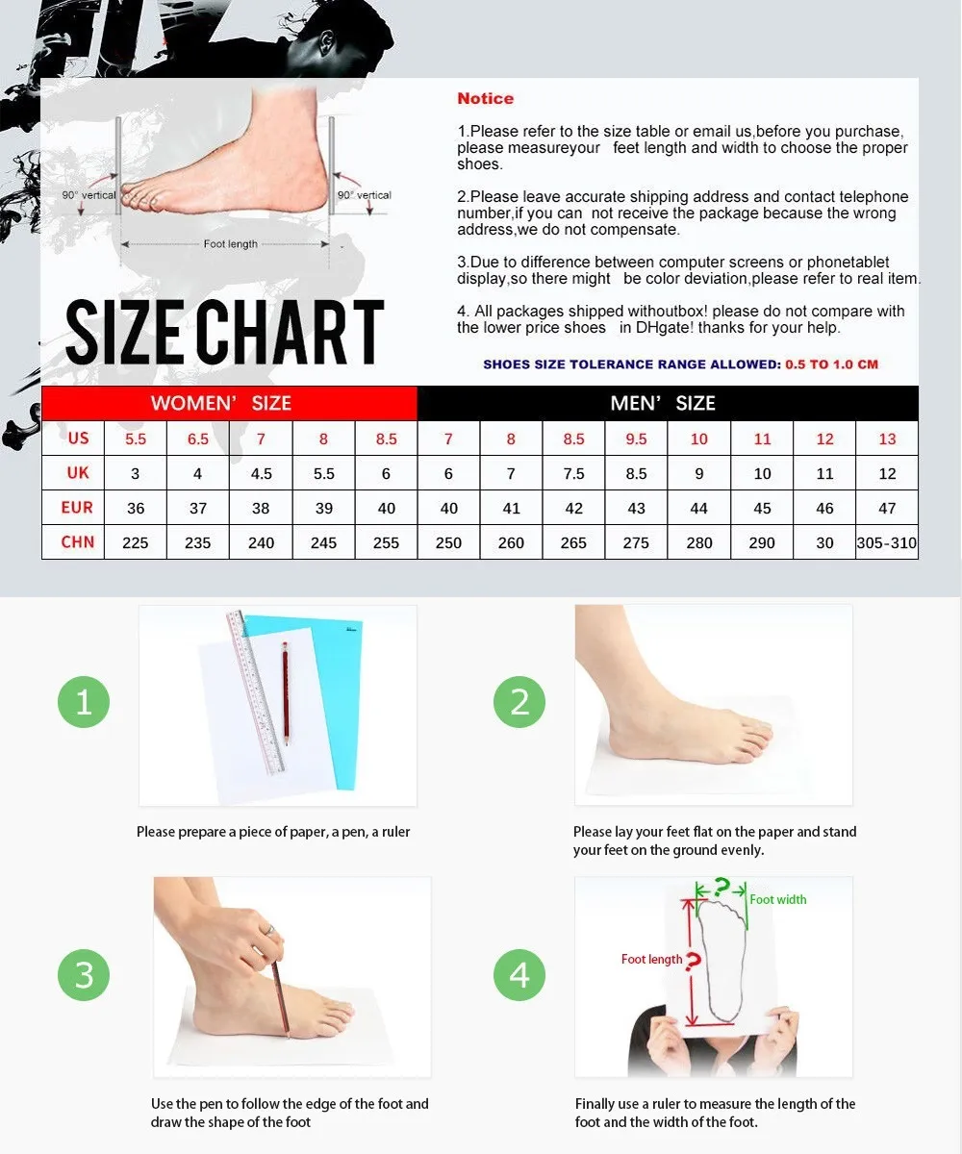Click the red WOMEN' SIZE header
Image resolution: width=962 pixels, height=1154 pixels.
[230, 403]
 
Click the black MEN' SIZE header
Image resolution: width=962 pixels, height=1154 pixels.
[668, 403]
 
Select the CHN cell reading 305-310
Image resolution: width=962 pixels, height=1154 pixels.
[887, 542]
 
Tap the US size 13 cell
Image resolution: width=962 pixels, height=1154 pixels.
[887, 439]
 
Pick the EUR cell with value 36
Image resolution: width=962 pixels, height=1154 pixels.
[136, 508]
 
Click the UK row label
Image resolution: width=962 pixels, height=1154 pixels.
[77, 473]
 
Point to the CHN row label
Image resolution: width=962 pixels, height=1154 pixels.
[77, 542]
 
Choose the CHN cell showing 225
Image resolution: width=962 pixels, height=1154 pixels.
[136, 542]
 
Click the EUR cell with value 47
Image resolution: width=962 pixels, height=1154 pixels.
[887, 508]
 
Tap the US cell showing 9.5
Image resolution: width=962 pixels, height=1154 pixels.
[636, 439]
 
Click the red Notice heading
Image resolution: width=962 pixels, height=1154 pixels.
[486, 98]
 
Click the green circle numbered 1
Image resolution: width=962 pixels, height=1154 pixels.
[84, 702]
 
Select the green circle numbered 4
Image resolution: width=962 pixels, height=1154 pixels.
[519, 975]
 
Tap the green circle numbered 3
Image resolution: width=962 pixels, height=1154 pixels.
[84, 975]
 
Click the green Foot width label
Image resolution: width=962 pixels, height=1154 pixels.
[778, 900]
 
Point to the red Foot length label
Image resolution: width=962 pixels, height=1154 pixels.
[652, 960]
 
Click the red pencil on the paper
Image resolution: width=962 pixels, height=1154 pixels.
[286, 693]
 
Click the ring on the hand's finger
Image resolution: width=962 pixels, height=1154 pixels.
[269, 930]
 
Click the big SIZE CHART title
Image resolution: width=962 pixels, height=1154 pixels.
[225, 332]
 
